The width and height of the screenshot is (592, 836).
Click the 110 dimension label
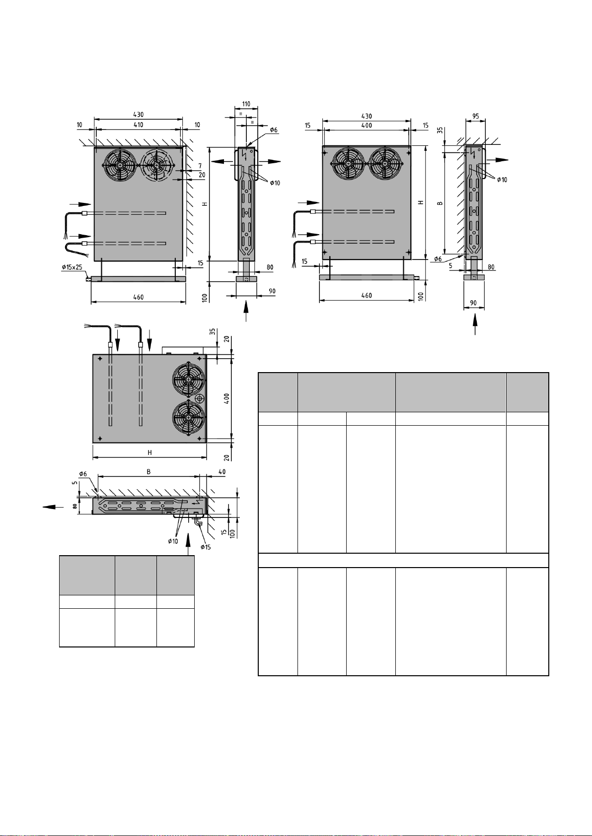pyautogui.click(x=246, y=104)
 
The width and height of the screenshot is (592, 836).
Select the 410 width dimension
pyautogui.click(x=138, y=125)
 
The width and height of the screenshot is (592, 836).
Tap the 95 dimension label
pyautogui.click(x=475, y=117)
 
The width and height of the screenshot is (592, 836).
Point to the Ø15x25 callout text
pyautogui.click(x=72, y=267)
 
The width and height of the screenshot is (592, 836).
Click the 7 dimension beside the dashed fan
pyautogui.click(x=200, y=166)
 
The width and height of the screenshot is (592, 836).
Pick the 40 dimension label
pyautogui.click(x=222, y=472)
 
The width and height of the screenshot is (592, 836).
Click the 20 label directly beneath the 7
pyautogui.click(x=202, y=175)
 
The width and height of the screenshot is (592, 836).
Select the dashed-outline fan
pyautogui.click(x=157, y=165)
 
